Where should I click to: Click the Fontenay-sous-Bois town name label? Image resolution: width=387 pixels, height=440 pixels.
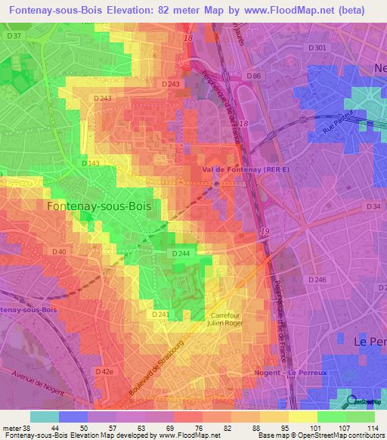[x=98, y=205]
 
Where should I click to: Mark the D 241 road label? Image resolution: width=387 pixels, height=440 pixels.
[x=159, y=314]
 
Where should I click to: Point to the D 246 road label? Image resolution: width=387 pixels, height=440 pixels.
[x=317, y=280]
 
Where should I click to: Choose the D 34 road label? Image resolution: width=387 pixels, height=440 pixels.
[x=373, y=206]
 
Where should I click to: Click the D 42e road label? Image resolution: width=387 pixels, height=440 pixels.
[x=104, y=372]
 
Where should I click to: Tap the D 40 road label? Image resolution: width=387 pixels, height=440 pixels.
[x=60, y=251]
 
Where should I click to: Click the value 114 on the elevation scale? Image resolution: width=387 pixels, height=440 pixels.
[x=373, y=428]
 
